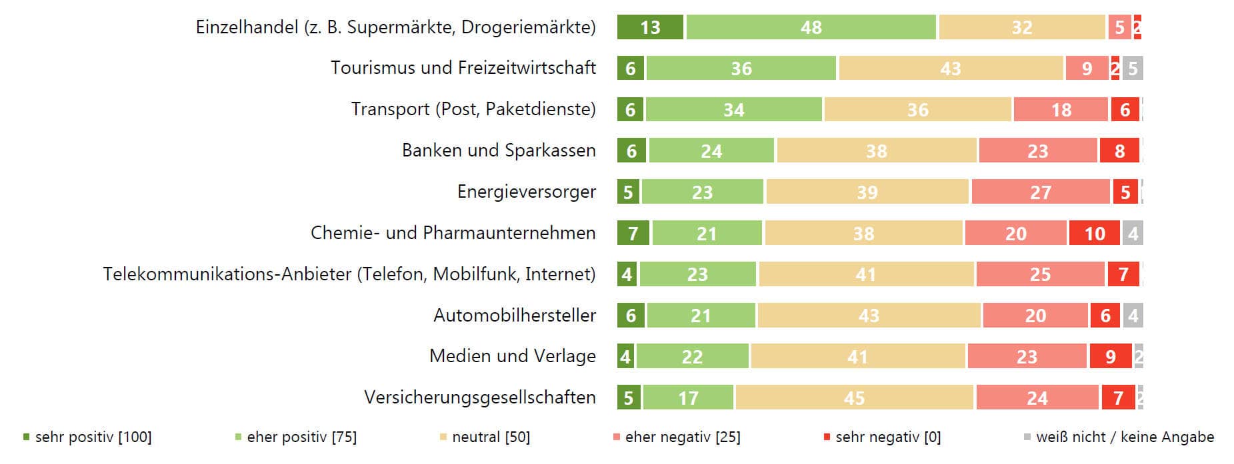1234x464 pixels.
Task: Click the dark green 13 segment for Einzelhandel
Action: pos(650,27)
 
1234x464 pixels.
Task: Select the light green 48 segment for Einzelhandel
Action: pos(811,27)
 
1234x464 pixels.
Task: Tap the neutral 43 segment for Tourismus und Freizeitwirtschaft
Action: pos(951,69)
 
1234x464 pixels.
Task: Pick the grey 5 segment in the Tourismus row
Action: pos(1133,69)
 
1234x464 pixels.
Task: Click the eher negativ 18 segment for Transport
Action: pos(1061,110)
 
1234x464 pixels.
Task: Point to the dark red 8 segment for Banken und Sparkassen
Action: pos(1120,151)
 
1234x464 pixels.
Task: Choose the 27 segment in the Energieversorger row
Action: pos(1040,192)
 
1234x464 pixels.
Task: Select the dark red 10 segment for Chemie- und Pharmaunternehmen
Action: pos(1095,234)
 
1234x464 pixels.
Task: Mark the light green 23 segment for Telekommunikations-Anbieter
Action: pos(697,274)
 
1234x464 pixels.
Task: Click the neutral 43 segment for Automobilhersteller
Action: pos(869,316)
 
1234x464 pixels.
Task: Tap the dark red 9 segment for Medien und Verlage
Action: pos(1111,357)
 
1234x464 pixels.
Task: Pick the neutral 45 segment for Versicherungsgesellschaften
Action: pos(854,398)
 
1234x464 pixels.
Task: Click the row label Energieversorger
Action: pos(526,192)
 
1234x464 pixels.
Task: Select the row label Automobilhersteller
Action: pos(514,315)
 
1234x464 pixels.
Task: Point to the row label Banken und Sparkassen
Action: pos(498,150)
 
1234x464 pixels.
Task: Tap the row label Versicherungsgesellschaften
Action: pos(479,397)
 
